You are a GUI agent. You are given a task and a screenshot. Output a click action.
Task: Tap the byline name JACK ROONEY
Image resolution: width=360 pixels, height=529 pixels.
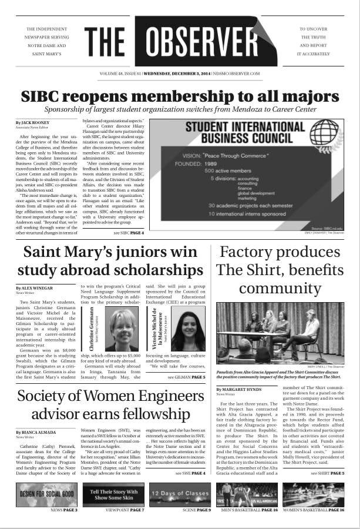point(36,122)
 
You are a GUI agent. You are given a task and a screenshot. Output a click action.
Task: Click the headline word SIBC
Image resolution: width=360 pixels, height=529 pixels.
point(44,96)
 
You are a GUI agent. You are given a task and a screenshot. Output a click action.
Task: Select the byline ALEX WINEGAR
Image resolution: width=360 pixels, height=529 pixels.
point(39,288)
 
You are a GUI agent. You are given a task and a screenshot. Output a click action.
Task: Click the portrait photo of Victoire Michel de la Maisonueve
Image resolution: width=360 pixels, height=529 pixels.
point(188,330)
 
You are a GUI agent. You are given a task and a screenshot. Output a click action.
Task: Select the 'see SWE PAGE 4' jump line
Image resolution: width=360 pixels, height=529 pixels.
point(190,473)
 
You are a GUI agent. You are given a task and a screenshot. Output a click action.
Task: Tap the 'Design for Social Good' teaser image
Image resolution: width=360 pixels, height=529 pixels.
point(46,494)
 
